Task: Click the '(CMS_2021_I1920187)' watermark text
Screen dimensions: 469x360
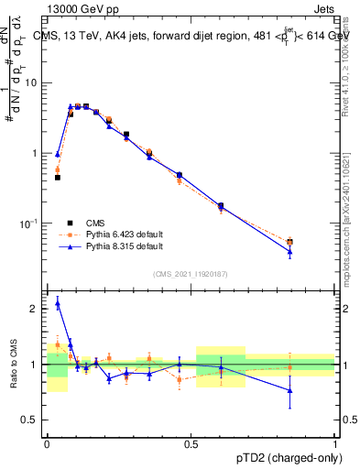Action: click(x=191, y=273)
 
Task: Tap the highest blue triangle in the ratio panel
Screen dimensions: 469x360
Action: click(x=58, y=303)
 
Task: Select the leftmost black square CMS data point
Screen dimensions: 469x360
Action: click(x=58, y=178)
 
